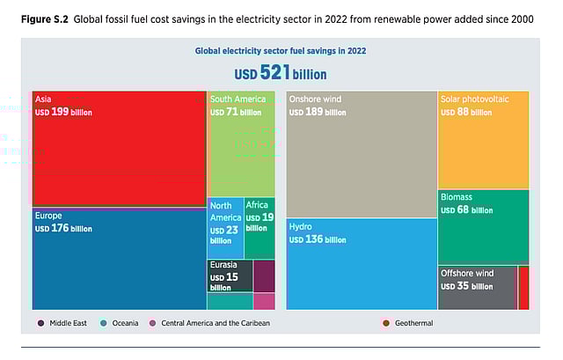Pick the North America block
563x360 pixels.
point(224,229)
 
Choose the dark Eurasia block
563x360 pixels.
point(229,276)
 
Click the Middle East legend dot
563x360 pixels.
point(41,323)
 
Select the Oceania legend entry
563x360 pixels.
point(120,323)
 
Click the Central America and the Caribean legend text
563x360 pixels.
point(215,323)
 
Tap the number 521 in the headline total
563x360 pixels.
point(274,73)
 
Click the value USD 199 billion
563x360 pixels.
point(63,112)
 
